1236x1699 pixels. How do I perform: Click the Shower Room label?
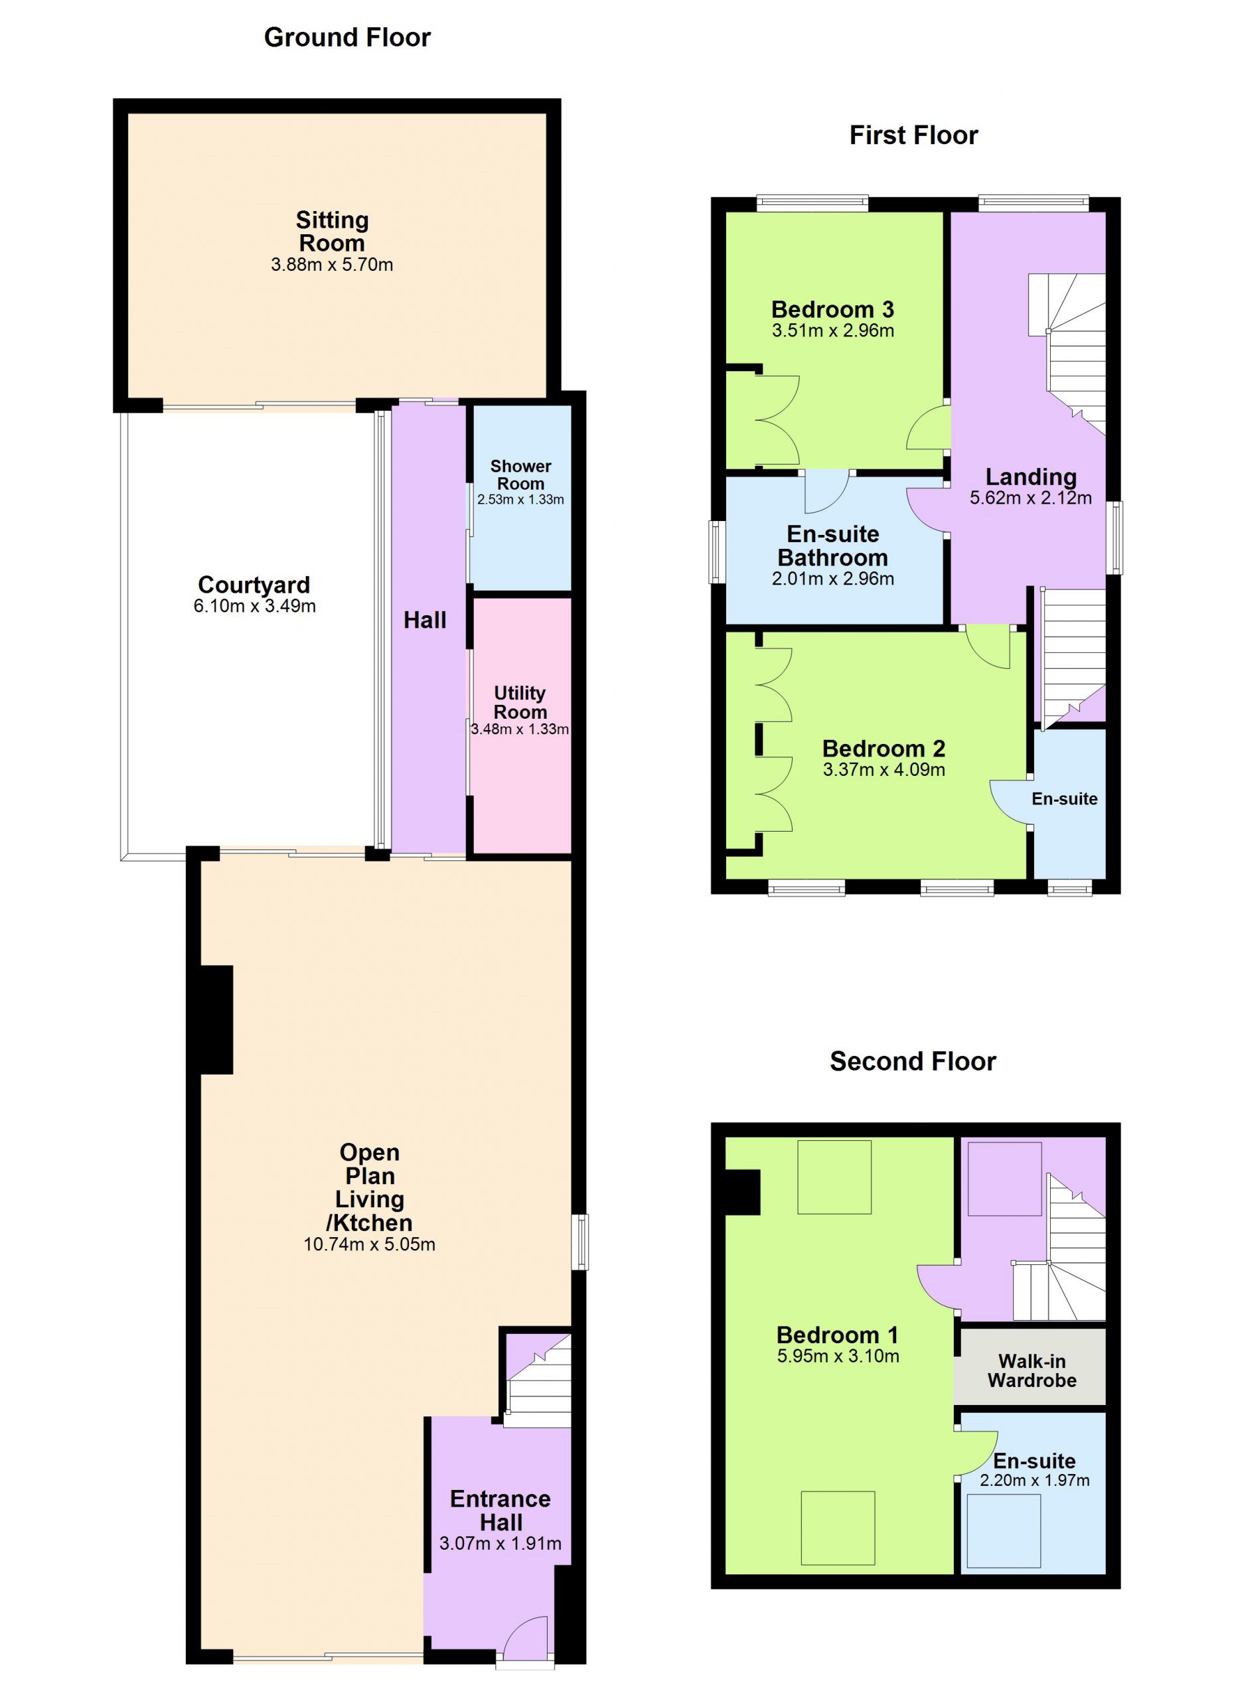[520, 475]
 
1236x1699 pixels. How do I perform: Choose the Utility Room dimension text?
[520, 729]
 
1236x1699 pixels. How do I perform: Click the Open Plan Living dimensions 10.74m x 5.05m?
[369, 1244]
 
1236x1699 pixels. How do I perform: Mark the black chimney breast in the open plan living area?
[217, 1019]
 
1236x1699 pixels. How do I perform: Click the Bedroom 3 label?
[832, 309]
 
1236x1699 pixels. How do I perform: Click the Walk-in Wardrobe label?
[1032, 1371]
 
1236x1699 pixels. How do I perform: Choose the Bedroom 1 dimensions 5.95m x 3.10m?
[838, 1356]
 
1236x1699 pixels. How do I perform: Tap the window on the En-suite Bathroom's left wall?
[718, 552]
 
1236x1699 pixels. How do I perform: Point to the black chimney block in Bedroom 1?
[743, 1192]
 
